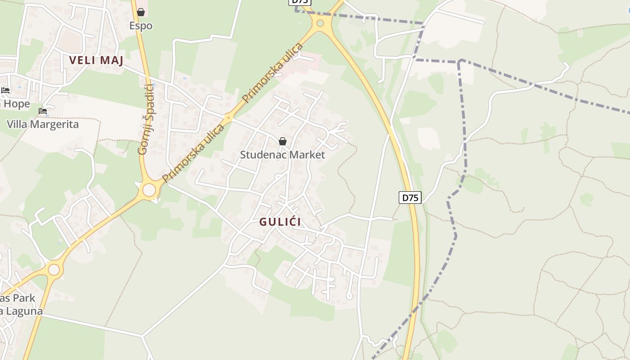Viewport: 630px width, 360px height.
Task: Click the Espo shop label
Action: pyautogui.click(x=141, y=26)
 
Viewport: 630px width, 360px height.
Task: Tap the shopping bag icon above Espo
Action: pyautogui.click(x=141, y=12)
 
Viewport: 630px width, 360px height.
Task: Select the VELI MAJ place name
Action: pyautogui.click(x=96, y=60)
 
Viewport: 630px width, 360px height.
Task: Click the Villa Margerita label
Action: pyautogui.click(x=43, y=124)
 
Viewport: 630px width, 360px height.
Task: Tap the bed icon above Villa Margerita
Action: pyautogui.click(x=43, y=111)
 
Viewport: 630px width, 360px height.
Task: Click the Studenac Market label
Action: pyautogui.click(x=282, y=155)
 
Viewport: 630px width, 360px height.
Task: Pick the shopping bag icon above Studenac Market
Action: pyautogui.click(x=283, y=142)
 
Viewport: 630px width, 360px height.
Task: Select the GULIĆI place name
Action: pyautogui.click(x=280, y=222)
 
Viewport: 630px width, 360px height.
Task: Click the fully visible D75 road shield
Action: pyautogui.click(x=410, y=197)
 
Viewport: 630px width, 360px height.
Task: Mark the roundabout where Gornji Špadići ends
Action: pyautogui.click(x=149, y=190)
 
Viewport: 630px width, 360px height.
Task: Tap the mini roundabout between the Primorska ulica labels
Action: pyautogui.click(x=229, y=118)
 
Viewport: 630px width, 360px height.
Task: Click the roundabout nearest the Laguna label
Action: pyautogui.click(x=54, y=270)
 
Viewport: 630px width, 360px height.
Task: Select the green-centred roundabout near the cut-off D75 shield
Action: pyautogui.click(x=320, y=23)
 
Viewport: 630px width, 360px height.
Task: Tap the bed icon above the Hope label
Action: pyautogui.click(x=5, y=90)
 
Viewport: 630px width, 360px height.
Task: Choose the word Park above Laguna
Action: pyautogui.click(x=24, y=298)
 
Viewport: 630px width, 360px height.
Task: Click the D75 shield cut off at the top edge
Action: pyautogui.click(x=300, y=2)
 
